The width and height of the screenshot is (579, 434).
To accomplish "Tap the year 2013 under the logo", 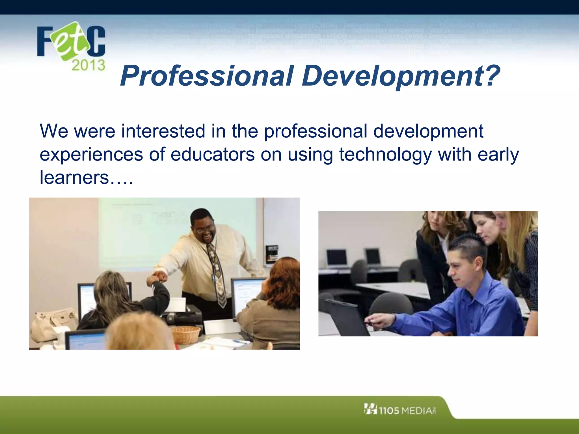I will click(x=88, y=65).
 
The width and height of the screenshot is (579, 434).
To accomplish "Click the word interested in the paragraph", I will click(x=163, y=131).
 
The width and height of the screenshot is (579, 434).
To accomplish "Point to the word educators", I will click(x=213, y=155).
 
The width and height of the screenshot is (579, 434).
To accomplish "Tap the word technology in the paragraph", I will click(x=385, y=155).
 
